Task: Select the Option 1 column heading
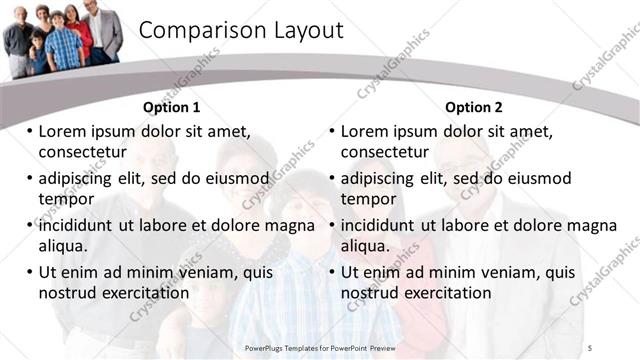[x=172, y=107]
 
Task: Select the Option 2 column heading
[x=474, y=107]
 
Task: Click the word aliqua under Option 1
[x=63, y=246]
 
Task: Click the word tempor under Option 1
[x=61, y=199]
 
